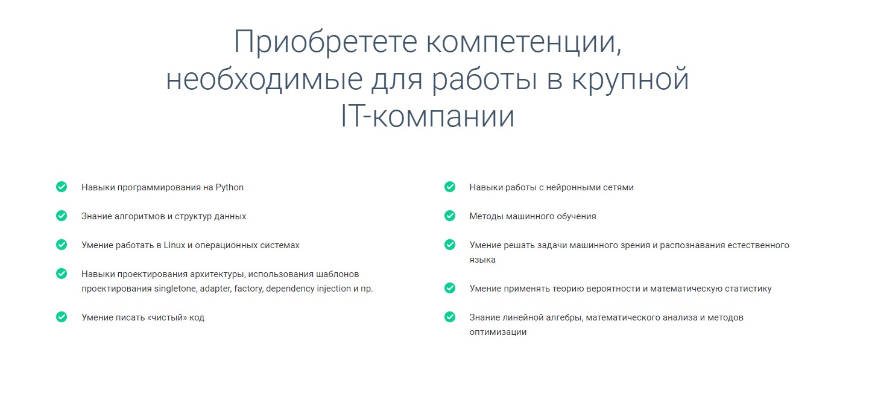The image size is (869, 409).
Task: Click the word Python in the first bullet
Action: (230, 187)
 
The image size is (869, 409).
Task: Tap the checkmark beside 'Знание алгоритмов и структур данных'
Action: (62, 216)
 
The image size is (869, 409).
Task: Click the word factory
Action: (248, 289)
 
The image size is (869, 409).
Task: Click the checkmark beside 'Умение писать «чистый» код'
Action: (62, 317)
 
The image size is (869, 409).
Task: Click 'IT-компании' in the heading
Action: (428, 117)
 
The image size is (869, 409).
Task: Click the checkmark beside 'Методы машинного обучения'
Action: (450, 216)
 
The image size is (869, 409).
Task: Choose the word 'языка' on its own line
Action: (482, 260)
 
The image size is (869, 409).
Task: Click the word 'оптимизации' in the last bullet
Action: (498, 332)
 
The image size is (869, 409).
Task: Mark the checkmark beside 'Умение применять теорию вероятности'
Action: (450, 288)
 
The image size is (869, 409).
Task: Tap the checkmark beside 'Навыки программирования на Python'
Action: (62, 187)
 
